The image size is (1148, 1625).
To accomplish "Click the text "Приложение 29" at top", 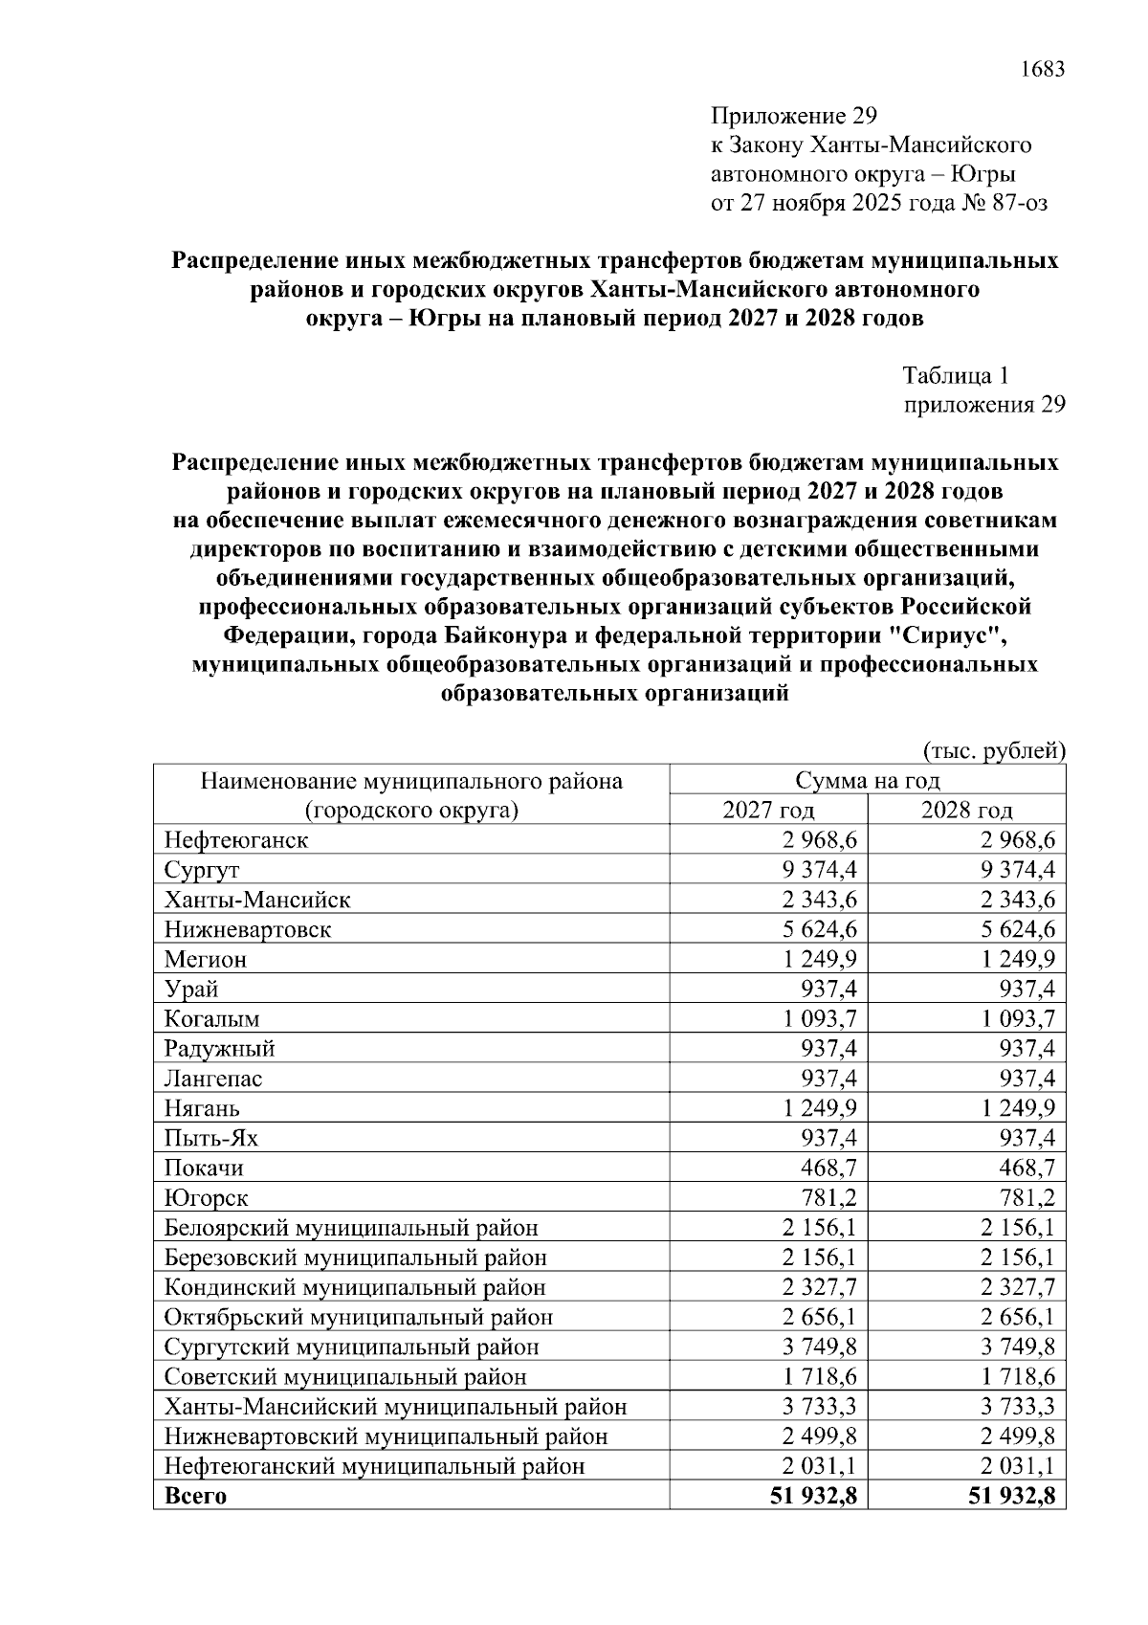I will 793,117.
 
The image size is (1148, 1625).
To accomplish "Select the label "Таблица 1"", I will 956,376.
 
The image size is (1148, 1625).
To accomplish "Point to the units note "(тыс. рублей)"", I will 994,751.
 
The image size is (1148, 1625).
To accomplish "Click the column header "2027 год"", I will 768,811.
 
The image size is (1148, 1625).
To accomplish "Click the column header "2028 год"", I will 966,811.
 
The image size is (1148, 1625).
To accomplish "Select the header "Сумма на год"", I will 867,781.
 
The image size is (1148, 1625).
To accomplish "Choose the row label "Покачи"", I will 204,1168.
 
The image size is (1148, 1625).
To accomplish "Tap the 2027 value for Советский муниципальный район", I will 819,1376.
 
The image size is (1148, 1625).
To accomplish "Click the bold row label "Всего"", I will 195,1496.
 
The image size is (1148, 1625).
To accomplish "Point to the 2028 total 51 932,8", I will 1012,1496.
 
